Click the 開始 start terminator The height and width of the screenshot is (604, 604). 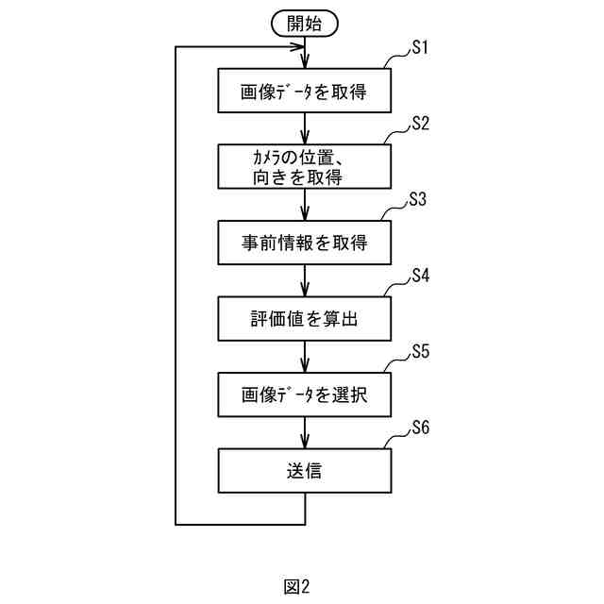pyautogui.click(x=305, y=23)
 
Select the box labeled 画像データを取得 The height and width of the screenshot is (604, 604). pyautogui.click(x=305, y=92)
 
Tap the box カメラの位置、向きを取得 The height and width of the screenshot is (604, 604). pyautogui.click(x=305, y=167)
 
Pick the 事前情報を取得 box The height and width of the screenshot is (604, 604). pyautogui.click(x=305, y=243)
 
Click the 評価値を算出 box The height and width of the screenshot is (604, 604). pyautogui.click(x=305, y=318)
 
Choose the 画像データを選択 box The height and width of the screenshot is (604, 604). pyautogui.click(x=305, y=394)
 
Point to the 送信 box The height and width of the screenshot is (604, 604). pyautogui.click(x=305, y=469)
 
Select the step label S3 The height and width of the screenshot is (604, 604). pyautogui.click(x=420, y=200)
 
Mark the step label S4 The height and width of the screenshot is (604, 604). pyautogui.click(x=420, y=276)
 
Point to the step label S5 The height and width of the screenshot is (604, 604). pyautogui.click(x=420, y=351)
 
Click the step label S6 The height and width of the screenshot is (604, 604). pyautogui.click(x=420, y=427)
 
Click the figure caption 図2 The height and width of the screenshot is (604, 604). pyautogui.click(x=296, y=586)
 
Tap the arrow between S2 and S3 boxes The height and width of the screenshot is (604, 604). pyautogui.click(x=305, y=205)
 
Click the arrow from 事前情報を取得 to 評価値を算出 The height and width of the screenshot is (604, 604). pyautogui.click(x=305, y=280)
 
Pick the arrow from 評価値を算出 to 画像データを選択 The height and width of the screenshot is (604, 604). pyautogui.click(x=305, y=356)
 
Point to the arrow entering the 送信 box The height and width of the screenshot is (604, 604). pyautogui.click(x=305, y=431)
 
